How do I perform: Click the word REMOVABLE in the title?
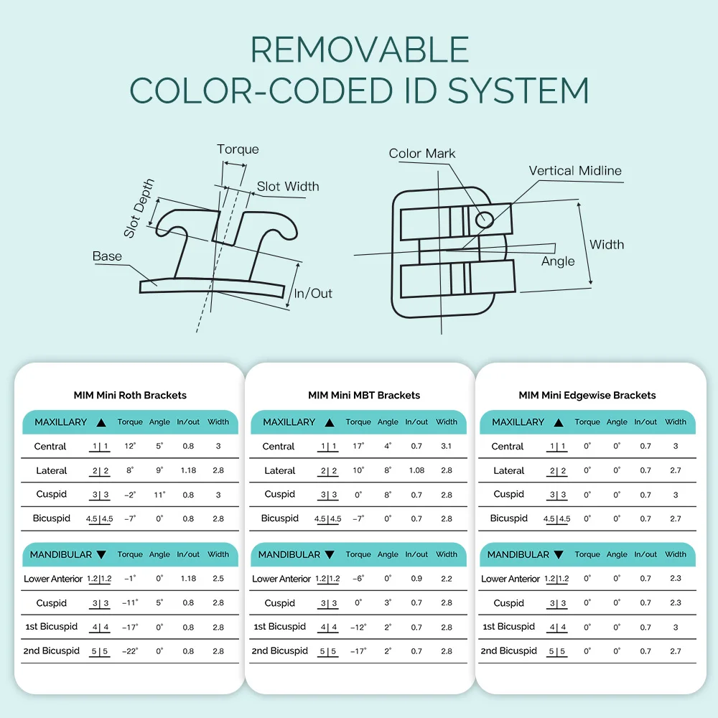[x=360, y=50]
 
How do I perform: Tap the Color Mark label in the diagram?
[x=421, y=154]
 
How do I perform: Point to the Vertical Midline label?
[x=575, y=171]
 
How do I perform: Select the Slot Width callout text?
[x=288, y=187]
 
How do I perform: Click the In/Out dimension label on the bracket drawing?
[x=313, y=293]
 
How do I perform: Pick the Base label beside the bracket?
[x=107, y=256]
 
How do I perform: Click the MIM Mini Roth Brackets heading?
[x=130, y=395]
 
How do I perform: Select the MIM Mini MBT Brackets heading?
[x=364, y=395]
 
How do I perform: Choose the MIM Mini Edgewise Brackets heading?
[x=587, y=395]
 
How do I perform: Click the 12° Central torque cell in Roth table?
[x=130, y=447]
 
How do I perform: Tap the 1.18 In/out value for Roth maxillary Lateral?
[x=188, y=471]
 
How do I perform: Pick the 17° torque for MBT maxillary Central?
[x=358, y=447]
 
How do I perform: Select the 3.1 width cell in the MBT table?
[x=446, y=447]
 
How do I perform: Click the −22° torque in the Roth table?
[x=129, y=651]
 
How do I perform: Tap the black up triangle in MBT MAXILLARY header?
[x=330, y=423]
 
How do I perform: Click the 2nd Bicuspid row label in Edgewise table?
[x=509, y=651]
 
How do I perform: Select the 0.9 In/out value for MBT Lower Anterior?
[x=416, y=579]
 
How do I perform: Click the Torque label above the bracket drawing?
[x=238, y=149]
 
